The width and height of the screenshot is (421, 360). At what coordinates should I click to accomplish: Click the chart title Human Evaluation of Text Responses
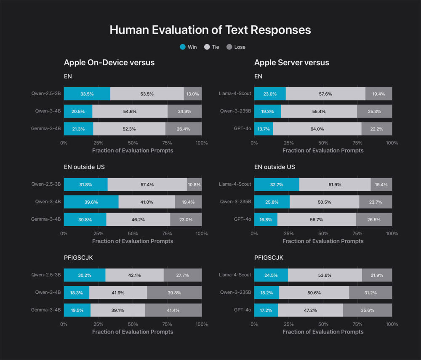[x=210, y=30]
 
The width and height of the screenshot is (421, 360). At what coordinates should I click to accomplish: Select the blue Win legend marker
[x=182, y=47]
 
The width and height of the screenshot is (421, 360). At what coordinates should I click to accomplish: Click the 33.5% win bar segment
[x=87, y=94]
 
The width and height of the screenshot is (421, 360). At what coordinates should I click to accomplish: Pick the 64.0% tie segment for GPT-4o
[x=317, y=129]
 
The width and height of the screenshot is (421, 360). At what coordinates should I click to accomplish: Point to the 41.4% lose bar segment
[x=173, y=310]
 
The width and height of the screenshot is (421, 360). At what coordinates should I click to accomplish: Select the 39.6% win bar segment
[x=91, y=202]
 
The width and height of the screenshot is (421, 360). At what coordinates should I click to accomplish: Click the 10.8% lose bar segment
[x=194, y=184]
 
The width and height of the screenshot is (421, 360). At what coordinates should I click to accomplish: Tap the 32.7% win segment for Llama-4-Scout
[x=277, y=184]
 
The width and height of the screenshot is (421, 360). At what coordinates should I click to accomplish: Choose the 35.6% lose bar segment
[x=368, y=310]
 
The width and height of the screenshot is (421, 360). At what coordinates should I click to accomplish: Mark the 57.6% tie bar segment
[x=325, y=94]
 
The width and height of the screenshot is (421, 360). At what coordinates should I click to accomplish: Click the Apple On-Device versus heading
[x=109, y=63]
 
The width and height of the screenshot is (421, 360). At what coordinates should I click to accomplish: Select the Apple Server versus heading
[x=292, y=63]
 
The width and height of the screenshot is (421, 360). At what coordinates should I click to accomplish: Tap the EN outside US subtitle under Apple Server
[x=274, y=167]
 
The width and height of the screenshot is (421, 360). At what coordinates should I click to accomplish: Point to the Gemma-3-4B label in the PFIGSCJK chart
[x=46, y=310]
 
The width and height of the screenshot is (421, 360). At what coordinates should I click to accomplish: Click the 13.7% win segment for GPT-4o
[x=264, y=129]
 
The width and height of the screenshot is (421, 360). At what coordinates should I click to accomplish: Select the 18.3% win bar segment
[x=77, y=292]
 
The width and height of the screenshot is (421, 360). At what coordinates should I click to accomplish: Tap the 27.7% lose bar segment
[x=183, y=275]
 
